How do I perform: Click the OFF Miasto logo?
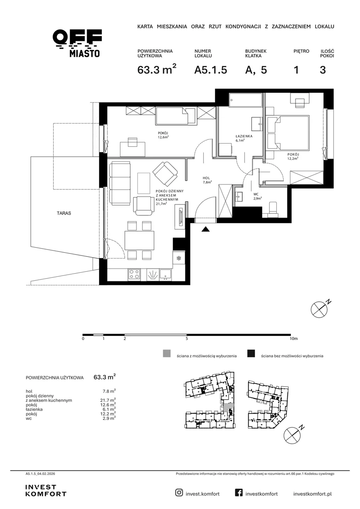point(77,43)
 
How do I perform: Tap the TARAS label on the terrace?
point(64,213)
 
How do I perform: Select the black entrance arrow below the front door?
point(205,229)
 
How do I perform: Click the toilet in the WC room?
point(273,209)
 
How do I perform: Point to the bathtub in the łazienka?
point(245,100)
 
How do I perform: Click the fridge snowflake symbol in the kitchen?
point(179,259)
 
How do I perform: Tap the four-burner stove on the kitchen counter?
point(135,274)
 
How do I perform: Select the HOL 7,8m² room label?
point(207,180)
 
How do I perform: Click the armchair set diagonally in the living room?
point(165,173)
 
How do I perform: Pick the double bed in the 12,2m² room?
point(287,133)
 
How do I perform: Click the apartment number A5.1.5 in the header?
point(210,70)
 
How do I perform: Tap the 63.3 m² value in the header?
point(157,69)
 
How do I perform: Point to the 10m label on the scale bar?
point(294,339)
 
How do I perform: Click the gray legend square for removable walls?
point(166,354)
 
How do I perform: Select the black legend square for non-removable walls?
point(251,354)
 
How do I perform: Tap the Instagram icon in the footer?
point(179,493)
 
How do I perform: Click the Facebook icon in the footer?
point(239,493)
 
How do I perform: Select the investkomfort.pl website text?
point(312,494)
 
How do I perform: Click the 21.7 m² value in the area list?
point(107,400)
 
